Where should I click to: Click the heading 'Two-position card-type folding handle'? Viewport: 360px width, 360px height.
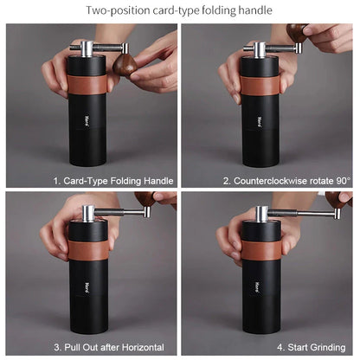pos(179,10)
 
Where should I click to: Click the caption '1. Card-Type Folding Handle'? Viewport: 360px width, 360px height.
pos(113,181)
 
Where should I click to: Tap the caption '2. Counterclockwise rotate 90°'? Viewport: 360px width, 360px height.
pos(286,181)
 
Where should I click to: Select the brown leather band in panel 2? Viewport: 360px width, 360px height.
pos(260,85)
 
